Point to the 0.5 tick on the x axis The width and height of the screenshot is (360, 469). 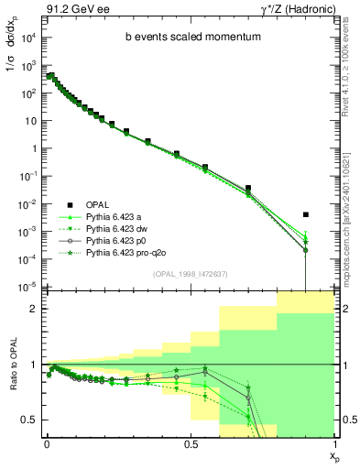pyautogui.click(x=190, y=443)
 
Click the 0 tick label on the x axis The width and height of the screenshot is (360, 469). pyautogui.click(x=47, y=443)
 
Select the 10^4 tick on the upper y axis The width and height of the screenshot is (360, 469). pyautogui.click(x=30, y=38)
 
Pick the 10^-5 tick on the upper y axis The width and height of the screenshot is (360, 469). pyautogui.click(x=30, y=288)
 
